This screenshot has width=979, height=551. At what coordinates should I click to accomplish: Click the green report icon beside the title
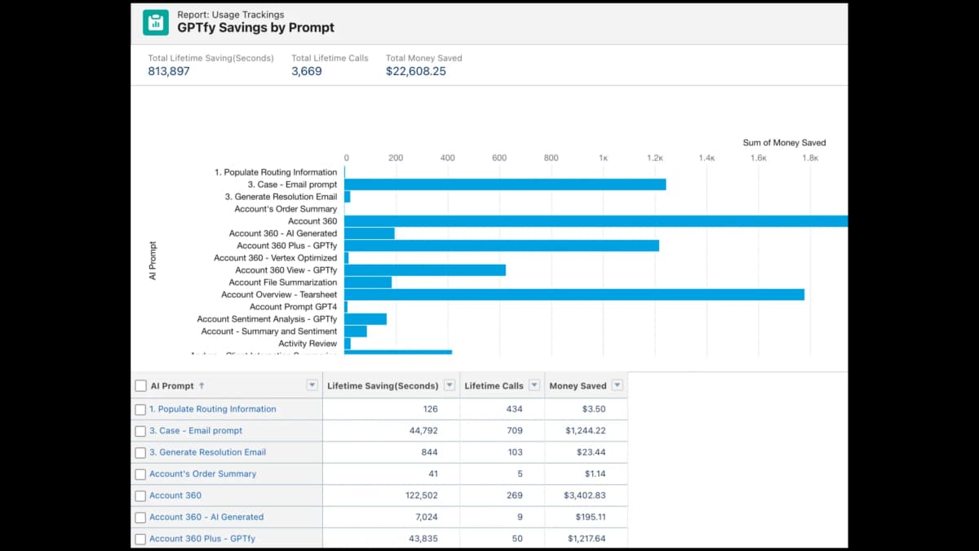click(155, 22)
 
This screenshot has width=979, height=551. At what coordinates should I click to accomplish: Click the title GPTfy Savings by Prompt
click(255, 28)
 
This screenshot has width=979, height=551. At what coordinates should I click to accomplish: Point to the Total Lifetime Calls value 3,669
click(307, 71)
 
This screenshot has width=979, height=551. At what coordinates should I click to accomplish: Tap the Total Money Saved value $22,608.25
click(416, 71)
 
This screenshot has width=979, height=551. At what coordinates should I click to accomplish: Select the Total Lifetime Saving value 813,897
click(169, 71)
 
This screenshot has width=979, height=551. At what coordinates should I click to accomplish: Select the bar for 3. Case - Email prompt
click(505, 184)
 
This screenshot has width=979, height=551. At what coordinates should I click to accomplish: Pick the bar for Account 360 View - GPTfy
click(425, 270)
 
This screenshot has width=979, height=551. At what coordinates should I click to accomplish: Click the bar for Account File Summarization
click(368, 282)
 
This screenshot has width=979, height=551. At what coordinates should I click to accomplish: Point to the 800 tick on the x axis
click(551, 158)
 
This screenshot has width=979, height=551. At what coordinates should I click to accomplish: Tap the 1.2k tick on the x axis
click(654, 158)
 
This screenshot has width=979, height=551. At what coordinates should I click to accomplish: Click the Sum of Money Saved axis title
click(784, 143)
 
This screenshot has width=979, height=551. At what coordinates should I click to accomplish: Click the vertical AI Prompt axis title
click(153, 260)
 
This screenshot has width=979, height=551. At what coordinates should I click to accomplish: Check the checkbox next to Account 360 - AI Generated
click(140, 518)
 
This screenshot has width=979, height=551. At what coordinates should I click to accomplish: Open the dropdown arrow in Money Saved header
click(617, 385)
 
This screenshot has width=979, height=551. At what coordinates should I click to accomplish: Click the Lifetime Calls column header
click(494, 386)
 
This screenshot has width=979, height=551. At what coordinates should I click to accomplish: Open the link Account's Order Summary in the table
click(202, 474)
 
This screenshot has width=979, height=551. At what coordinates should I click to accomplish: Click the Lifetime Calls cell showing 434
click(514, 409)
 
